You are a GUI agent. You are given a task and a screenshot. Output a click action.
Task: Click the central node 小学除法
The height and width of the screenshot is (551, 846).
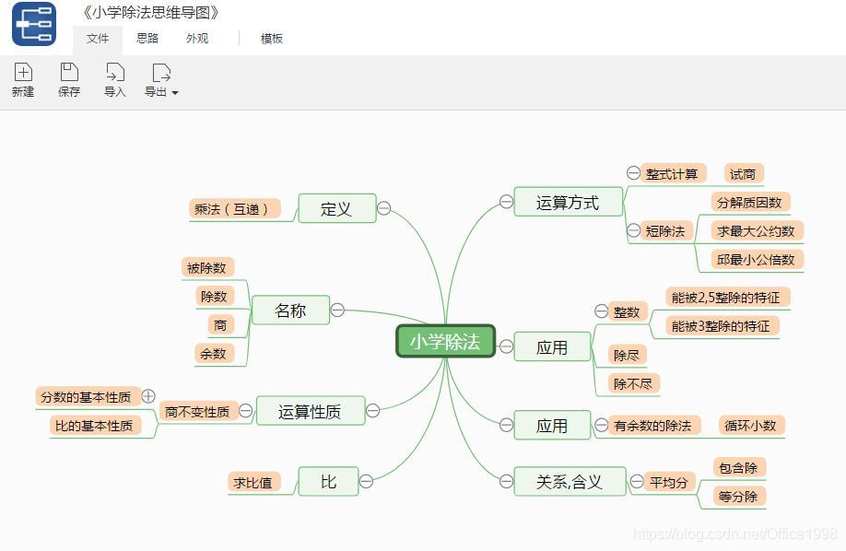pyautogui.click(x=445, y=342)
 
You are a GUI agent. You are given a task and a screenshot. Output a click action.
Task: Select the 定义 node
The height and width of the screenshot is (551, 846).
pyautogui.click(x=336, y=208)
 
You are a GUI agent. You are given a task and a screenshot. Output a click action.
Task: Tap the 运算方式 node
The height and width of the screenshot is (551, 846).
pyautogui.click(x=567, y=203)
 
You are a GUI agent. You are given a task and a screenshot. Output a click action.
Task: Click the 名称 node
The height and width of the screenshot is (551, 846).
pyautogui.click(x=289, y=311)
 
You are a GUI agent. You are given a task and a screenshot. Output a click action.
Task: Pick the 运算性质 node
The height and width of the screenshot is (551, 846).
pyautogui.click(x=310, y=412)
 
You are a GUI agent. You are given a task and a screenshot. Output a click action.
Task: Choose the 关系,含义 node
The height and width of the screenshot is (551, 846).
pyautogui.click(x=569, y=481)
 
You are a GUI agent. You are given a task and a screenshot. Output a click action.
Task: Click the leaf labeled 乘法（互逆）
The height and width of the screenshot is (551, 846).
pyautogui.click(x=232, y=209)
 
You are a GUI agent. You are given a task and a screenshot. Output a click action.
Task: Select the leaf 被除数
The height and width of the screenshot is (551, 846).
pyautogui.click(x=206, y=268)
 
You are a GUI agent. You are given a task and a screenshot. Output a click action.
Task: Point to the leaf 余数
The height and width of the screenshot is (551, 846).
pyautogui.click(x=213, y=353)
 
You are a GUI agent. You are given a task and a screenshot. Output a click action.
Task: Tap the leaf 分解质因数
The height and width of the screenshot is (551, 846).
pyautogui.click(x=749, y=202)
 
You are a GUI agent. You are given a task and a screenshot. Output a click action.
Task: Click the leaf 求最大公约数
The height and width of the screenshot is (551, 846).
pyautogui.click(x=756, y=230)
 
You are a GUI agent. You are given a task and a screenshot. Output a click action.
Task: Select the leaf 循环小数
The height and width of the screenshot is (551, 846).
pyautogui.click(x=750, y=425)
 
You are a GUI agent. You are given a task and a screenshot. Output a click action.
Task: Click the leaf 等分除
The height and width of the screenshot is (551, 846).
pyautogui.click(x=738, y=496)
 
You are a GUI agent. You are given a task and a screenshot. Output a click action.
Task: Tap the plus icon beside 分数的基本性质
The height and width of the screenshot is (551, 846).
pyautogui.click(x=148, y=396)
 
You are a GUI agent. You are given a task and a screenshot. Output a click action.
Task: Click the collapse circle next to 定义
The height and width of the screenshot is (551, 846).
pyautogui.click(x=384, y=208)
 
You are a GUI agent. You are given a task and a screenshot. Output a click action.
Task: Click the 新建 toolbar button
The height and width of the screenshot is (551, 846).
pyautogui.click(x=23, y=80)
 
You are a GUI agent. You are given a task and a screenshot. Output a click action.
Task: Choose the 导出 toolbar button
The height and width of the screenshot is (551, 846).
pyautogui.click(x=160, y=80)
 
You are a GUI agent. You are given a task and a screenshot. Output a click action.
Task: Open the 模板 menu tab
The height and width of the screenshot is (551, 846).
pyautogui.click(x=272, y=39)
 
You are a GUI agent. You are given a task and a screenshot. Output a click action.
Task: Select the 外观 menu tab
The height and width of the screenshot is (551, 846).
pyautogui.click(x=197, y=39)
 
